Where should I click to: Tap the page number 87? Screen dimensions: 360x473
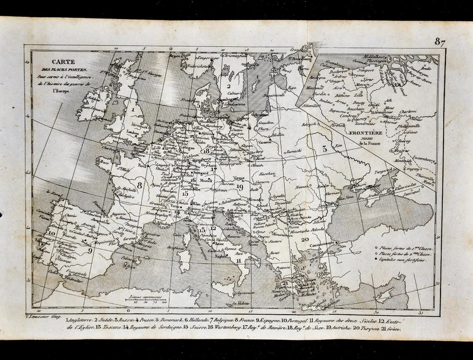439,42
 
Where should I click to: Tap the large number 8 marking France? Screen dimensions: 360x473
140,185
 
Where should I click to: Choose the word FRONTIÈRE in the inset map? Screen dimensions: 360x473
366,132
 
